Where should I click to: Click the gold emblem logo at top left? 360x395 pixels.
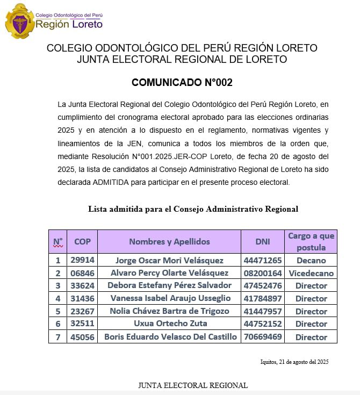point(20,21)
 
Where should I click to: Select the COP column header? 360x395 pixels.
point(82,242)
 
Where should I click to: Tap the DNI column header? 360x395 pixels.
point(263,242)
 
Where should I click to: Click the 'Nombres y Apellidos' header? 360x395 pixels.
point(169,242)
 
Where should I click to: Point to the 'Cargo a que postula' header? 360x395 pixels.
point(311,242)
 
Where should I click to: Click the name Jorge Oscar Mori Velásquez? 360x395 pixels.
point(169,261)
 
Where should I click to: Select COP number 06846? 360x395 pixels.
point(82,273)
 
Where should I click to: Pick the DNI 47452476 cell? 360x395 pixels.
point(263,285)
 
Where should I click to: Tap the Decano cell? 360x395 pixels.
point(311,261)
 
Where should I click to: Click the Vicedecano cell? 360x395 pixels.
point(311,273)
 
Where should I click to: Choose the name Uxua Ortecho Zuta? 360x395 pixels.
point(169,324)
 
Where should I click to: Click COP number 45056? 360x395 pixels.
point(82,337)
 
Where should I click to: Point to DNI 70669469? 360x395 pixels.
point(263,337)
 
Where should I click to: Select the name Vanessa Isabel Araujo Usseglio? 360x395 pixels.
point(169,298)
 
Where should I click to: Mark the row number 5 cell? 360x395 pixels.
point(58,311)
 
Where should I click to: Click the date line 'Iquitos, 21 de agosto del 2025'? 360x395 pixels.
point(293,362)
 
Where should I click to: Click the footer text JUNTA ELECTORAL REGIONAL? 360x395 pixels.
point(193,385)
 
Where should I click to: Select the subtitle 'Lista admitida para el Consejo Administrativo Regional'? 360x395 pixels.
point(193,209)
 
